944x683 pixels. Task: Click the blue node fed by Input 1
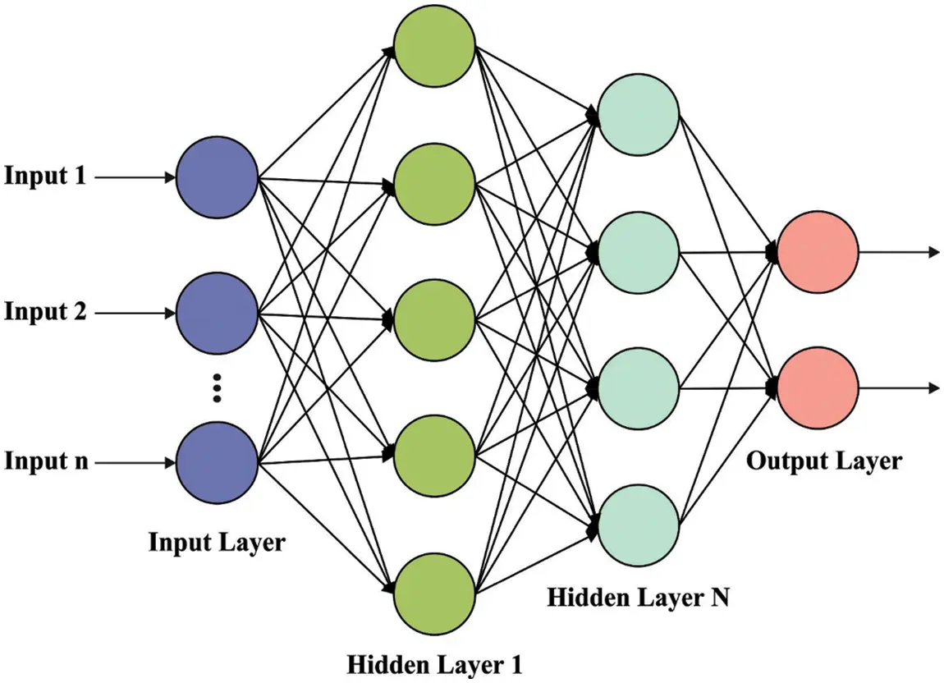(x=217, y=176)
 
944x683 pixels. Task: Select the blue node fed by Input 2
(x=217, y=313)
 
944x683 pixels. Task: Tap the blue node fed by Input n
(x=217, y=461)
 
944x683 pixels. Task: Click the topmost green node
(x=434, y=46)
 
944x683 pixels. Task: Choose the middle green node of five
(x=434, y=319)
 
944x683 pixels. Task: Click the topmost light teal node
(x=638, y=115)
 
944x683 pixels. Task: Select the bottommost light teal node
(x=638, y=523)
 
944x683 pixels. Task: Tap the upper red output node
(x=817, y=253)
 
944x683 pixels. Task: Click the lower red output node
(x=817, y=387)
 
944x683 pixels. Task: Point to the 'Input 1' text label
(x=45, y=176)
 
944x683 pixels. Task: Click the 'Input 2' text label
(x=45, y=313)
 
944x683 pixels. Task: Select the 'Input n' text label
(x=45, y=461)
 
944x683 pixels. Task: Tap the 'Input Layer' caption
(x=217, y=543)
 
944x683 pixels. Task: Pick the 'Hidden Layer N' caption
(x=638, y=597)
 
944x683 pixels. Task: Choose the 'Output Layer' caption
(x=823, y=461)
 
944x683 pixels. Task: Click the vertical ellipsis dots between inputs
(x=217, y=387)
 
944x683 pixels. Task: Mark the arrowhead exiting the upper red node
(x=933, y=253)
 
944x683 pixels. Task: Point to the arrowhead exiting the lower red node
(x=933, y=387)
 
